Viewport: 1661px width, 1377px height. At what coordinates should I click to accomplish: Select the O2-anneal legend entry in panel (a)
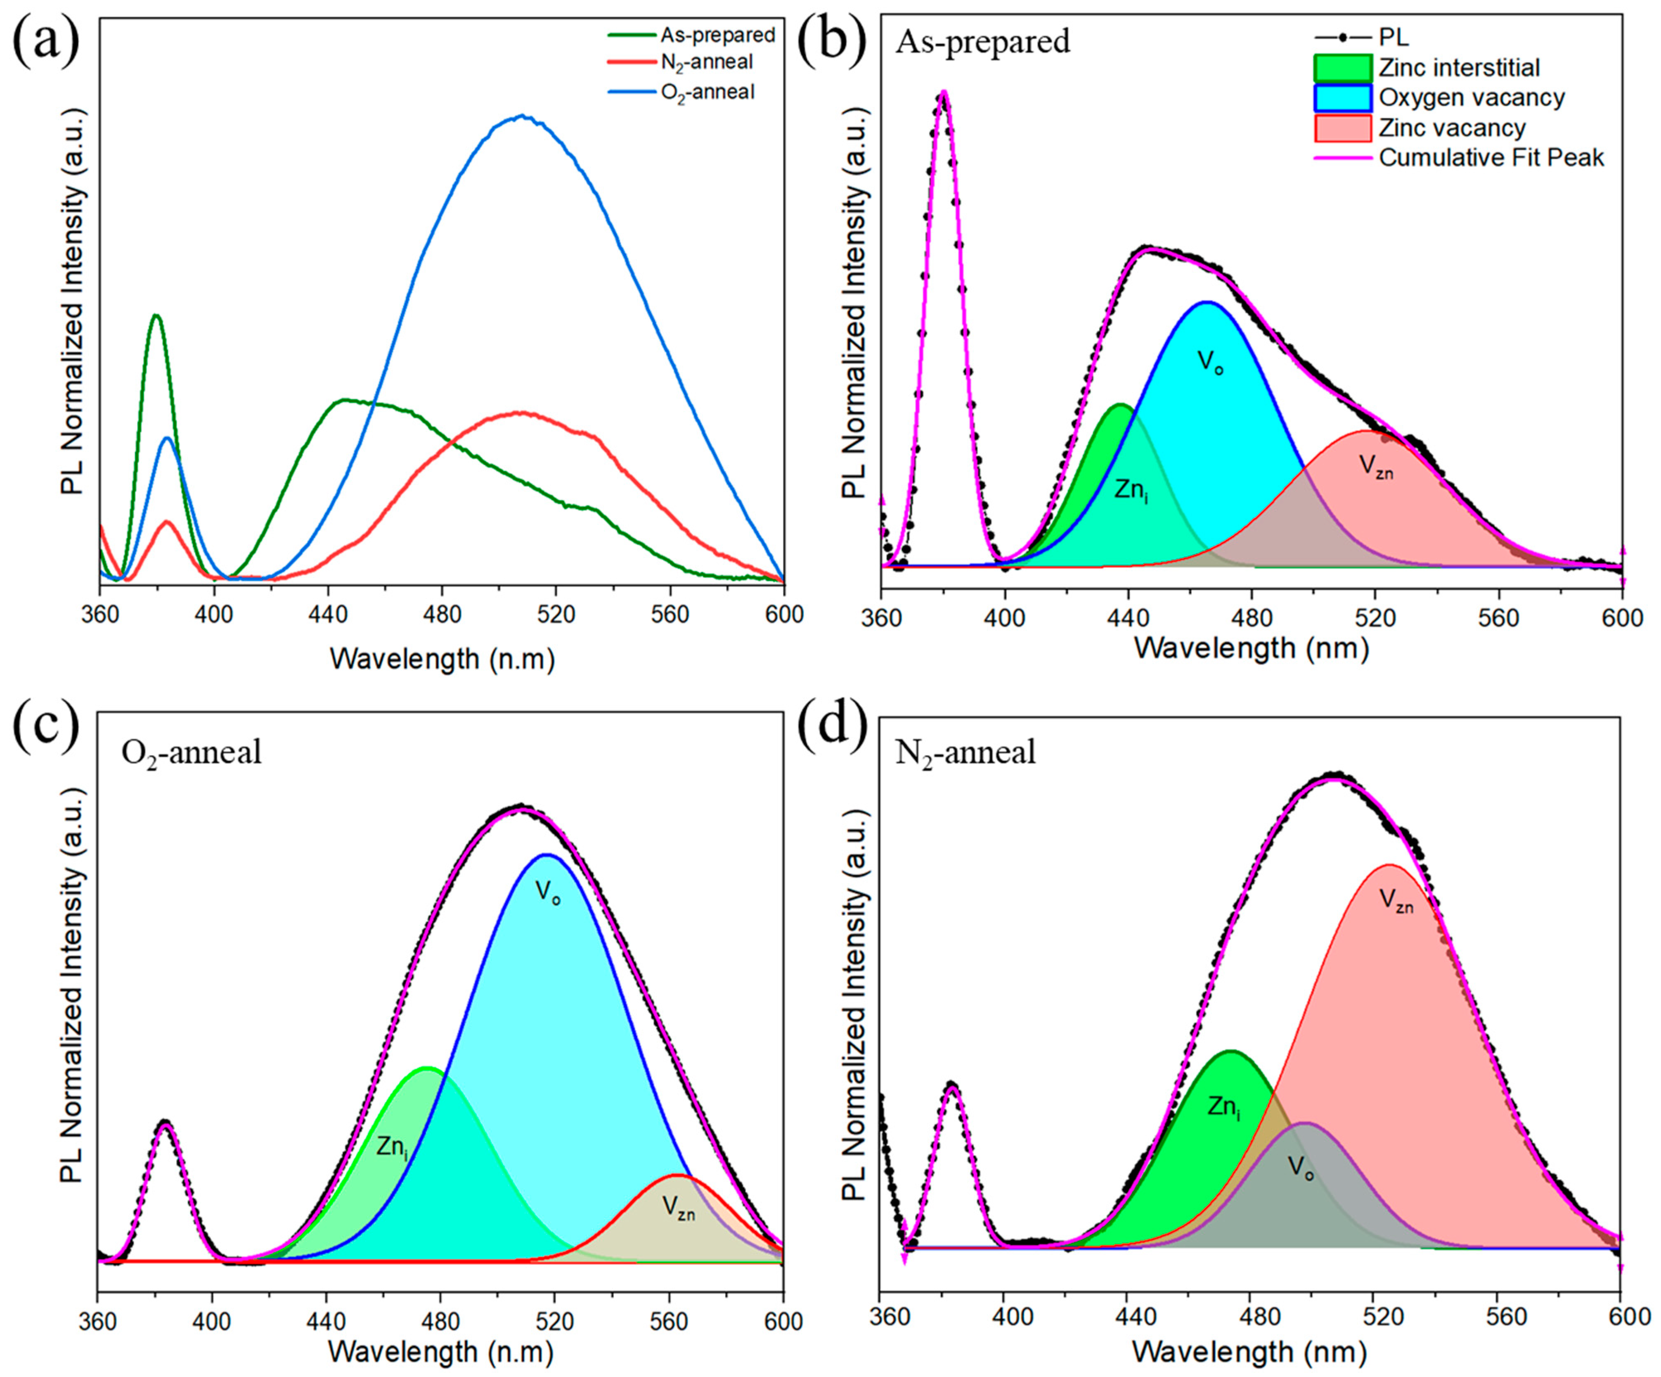point(706,92)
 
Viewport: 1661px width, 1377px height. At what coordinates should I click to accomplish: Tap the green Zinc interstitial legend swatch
point(1342,68)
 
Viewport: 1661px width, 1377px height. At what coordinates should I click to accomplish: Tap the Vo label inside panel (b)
point(1210,363)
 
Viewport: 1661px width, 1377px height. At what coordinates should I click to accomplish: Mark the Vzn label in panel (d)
point(1396,901)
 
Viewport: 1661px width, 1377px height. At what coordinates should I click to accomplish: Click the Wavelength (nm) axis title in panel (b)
point(1251,649)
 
